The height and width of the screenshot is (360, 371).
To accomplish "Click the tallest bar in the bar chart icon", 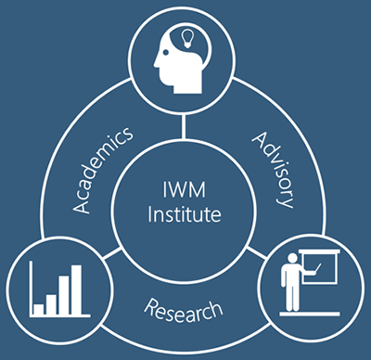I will coord(76,289).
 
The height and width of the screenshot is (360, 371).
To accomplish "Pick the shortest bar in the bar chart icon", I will coord(40,304).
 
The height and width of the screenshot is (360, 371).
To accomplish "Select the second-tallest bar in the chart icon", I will coord(64,293).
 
